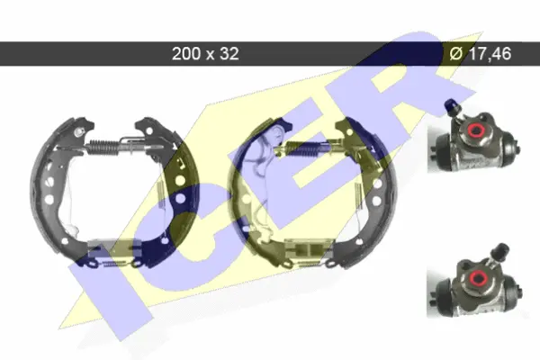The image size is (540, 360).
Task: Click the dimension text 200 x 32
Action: click(x=205, y=54)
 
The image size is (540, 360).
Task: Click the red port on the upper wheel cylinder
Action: click(x=477, y=130)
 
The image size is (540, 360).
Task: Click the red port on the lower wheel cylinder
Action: click(x=478, y=276)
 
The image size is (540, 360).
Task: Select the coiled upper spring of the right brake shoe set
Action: click(x=303, y=148)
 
